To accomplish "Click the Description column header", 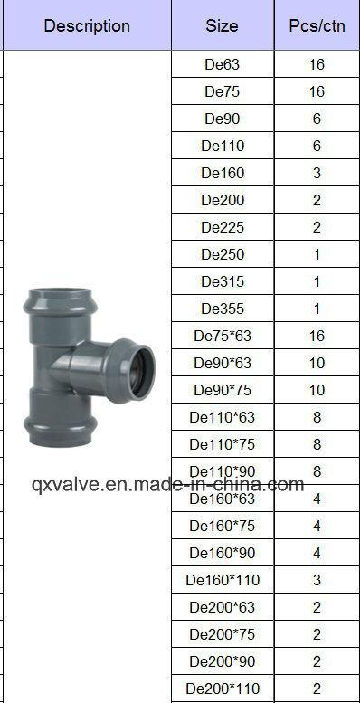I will [87, 26].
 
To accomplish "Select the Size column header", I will [222, 26].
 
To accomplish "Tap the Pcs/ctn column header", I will [317, 26].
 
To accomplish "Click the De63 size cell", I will [222, 65].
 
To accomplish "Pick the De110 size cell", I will [222, 146].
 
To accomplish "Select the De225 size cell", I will [222, 227].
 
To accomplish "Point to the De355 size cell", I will [222, 309].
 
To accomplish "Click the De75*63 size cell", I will [222, 336].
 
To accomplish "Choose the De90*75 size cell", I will [222, 390].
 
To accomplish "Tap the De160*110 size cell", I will [222, 580].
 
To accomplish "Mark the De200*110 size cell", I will [222, 689].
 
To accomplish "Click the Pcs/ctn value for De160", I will [317, 173].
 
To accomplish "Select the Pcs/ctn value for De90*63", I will [317, 363].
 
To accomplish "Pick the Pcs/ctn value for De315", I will [317, 281].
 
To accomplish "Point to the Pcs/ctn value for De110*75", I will [317, 444].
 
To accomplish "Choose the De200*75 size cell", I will [222, 634].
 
